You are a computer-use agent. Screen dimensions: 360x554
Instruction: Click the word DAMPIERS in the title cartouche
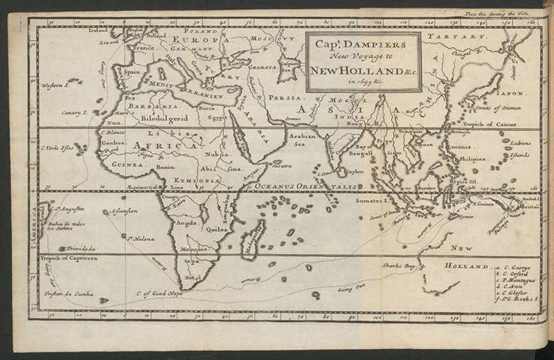pos(374,46)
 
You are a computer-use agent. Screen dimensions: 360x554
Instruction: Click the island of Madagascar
pos(253,236)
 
